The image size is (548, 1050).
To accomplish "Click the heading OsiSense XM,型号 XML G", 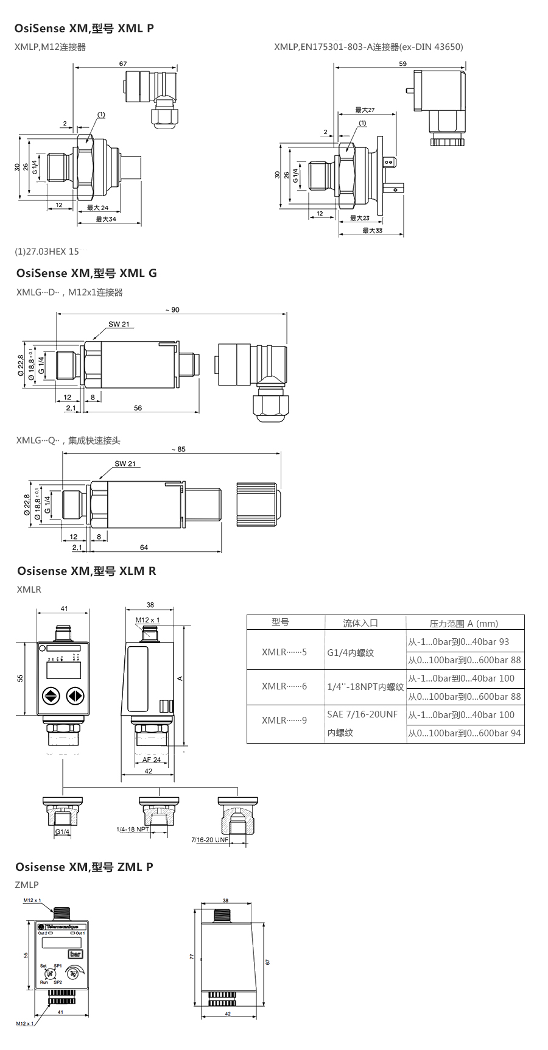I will tap(86, 273).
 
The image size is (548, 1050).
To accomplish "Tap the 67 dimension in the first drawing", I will tap(123, 63).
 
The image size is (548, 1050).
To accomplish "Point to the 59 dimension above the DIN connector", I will tap(402, 63).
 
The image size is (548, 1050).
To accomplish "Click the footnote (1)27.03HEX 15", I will tap(47, 251).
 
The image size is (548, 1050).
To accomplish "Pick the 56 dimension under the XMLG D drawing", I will tap(138, 408).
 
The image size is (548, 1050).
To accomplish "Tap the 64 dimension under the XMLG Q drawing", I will tap(144, 548).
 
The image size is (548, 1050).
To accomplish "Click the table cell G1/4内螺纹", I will tap(350, 652).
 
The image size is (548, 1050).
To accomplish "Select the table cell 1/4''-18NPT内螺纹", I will tap(365, 687).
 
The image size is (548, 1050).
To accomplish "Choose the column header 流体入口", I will tap(360, 622).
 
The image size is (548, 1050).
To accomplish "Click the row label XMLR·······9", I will tap(284, 720).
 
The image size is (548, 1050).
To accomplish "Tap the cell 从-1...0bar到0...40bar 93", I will tap(458, 641).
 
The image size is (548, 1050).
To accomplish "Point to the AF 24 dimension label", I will tap(152, 759).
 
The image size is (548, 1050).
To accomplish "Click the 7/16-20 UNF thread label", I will tap(209, 839).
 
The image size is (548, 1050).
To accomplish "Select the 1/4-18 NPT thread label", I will tap(133, 830).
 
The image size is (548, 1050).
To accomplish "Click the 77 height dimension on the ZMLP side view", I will tap(191, 957).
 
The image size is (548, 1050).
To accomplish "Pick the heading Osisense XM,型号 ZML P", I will tap(85, 867).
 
